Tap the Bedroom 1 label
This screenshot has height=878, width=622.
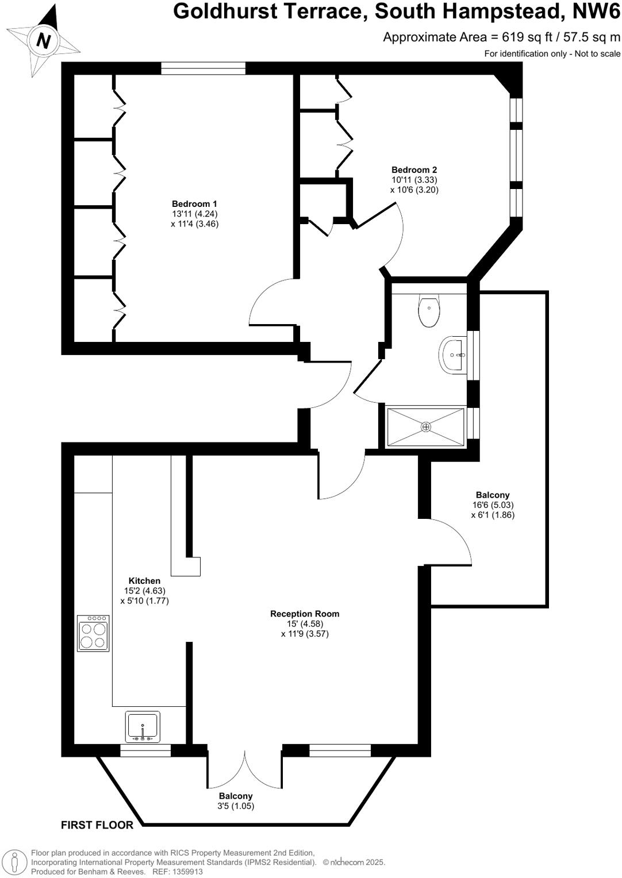tap(194, 204)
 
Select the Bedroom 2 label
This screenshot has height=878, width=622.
tap(414, 170)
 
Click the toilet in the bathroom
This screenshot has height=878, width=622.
tap(429, 311)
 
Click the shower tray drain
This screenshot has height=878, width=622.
tap(426, 427)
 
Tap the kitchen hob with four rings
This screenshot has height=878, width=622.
tap(93, 633)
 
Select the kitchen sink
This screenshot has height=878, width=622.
tap(143, 726)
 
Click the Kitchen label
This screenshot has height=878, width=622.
tap(144, 581)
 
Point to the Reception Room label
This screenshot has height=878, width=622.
tap(305, 614)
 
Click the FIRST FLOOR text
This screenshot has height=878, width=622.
tap(97, 825)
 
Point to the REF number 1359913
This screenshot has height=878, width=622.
tap(188, 872)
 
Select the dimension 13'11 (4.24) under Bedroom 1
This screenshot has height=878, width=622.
tap(194, 214)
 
